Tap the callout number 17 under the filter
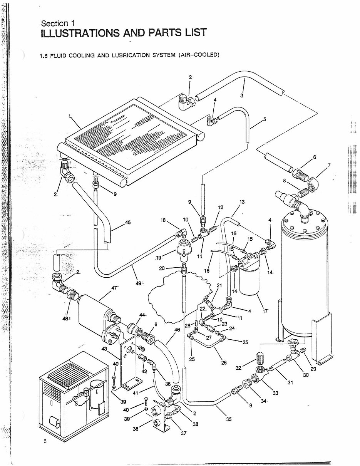point(265,311)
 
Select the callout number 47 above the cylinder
point(114,288)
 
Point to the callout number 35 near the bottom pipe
point(229,419)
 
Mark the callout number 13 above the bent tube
point(242,202)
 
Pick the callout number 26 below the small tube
point(224,362)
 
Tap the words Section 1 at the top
point(57,24)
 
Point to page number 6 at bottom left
point(45,441)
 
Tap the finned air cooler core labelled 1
point(131,142)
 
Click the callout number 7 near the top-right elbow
point(329,166)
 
